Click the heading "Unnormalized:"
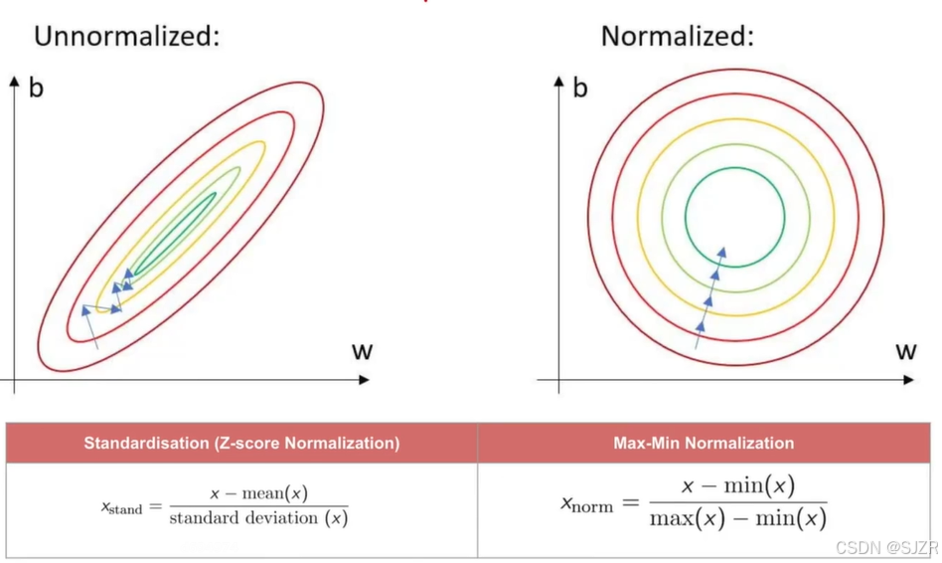click(127, 36)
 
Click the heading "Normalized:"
click(677, 36)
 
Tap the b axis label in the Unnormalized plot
click(36, 88)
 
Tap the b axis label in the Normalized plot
click(579, 88)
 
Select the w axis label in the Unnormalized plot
click(363, 351)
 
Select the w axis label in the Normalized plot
click(906, 351)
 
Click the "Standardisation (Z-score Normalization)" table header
click(241, 444)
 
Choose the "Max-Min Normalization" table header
click(704, 444)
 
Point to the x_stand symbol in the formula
click(122, 508)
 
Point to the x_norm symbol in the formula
click(587, 504)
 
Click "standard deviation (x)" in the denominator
click(258, 518)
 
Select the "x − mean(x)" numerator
click(259, 493)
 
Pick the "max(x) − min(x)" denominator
click(738, 518)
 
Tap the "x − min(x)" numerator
click(738, 485)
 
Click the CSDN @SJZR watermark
click(886, 548)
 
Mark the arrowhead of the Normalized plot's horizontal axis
click(908, 380)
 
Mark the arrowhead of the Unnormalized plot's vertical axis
click(15, 82)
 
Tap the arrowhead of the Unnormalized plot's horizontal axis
click(364, 380)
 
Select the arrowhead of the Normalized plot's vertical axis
click(558, 82)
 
